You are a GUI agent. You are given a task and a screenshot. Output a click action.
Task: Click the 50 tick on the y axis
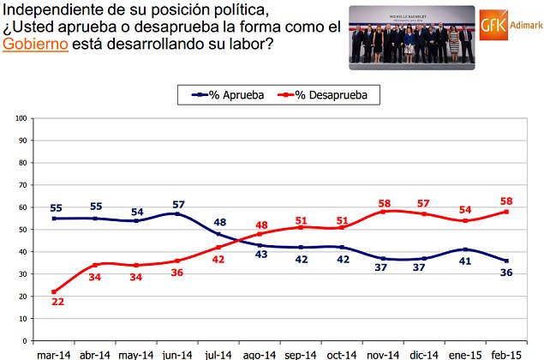(21, 230)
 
